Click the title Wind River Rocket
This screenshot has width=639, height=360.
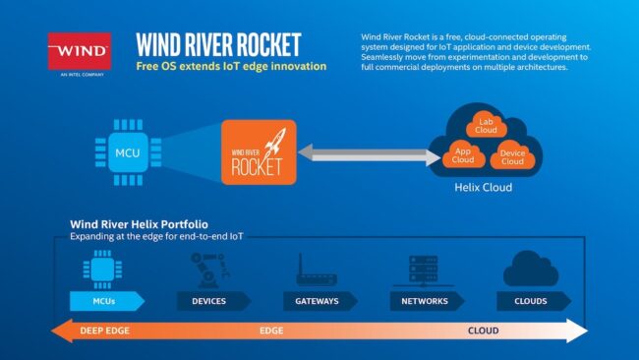point(218,45)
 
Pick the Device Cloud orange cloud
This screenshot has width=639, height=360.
point(512,155)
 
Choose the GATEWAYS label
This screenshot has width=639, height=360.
point(317,300)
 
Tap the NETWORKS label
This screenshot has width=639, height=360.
point(425,300)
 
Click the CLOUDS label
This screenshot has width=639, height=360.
point(532,300)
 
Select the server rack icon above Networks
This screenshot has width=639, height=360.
point(425,268)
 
